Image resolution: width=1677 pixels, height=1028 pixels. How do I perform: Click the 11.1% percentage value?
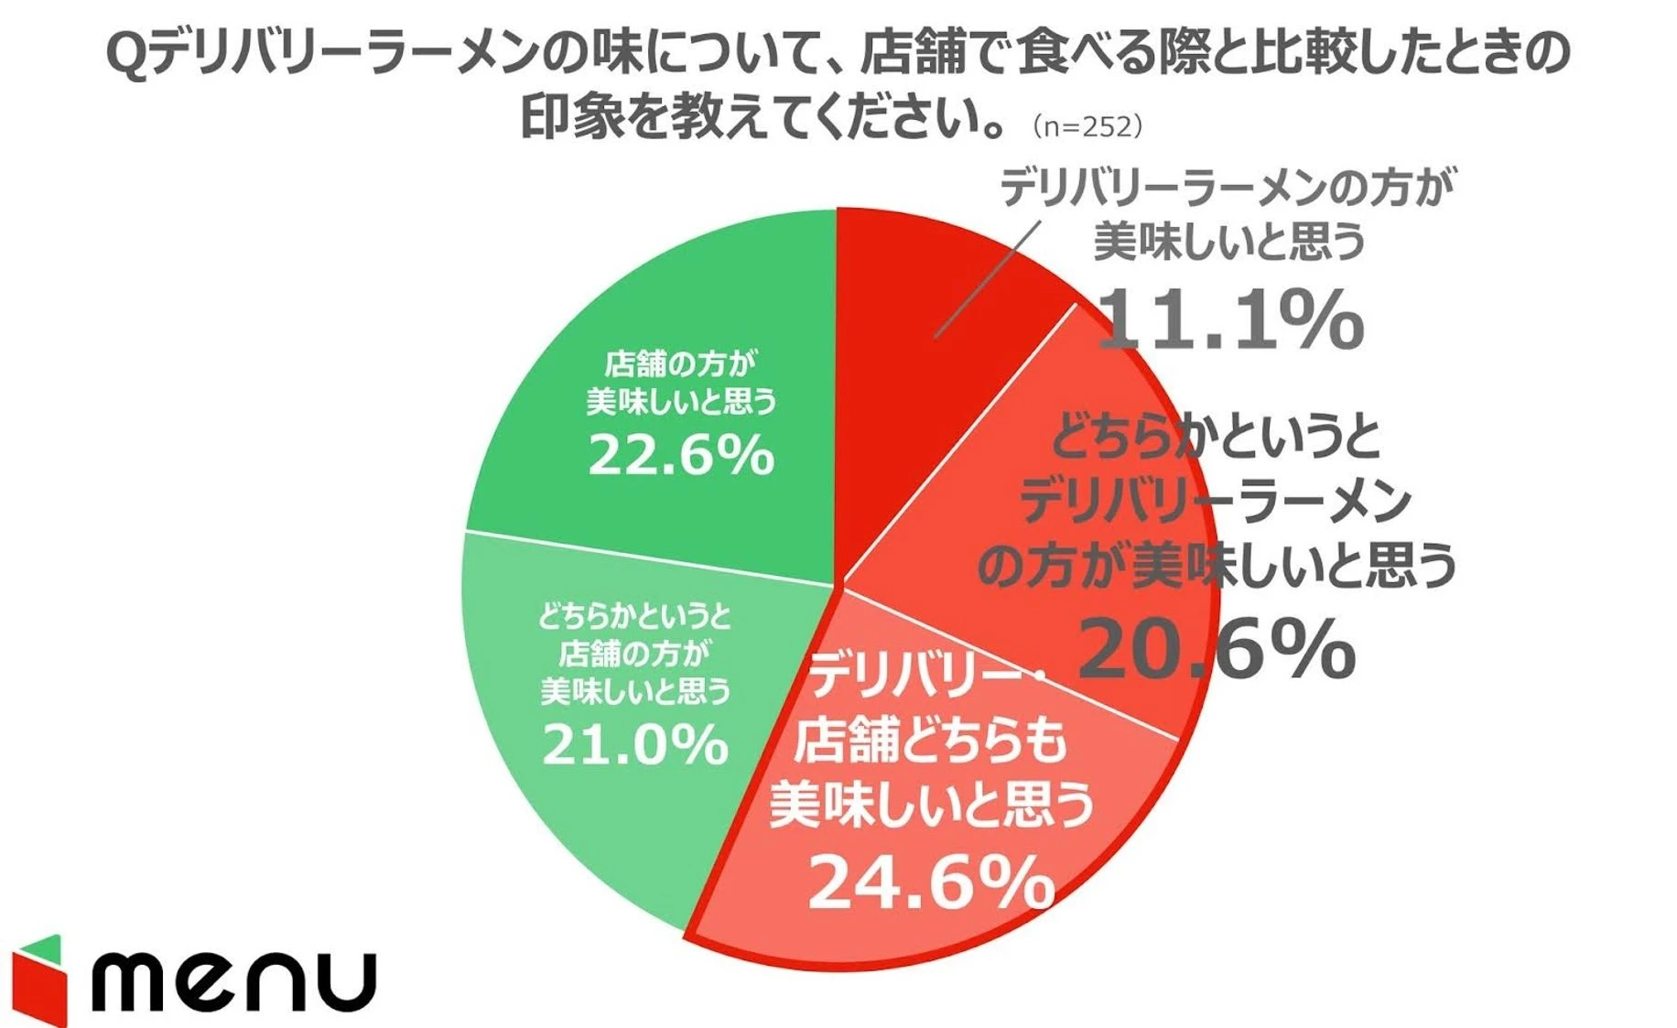[x=1229, y=319]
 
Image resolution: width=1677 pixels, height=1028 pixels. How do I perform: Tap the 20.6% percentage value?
[x=1217, y=649]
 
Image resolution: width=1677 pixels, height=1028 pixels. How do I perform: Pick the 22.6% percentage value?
[x=681, y=454]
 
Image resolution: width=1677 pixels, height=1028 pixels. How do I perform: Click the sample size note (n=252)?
[x=1087, y=126]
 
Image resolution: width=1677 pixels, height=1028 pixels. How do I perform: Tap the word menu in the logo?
[x=234, y=982]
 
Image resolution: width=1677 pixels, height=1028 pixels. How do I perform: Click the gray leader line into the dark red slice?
[x=987, y=279]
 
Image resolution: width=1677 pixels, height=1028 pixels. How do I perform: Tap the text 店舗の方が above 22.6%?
[x=680, y=364]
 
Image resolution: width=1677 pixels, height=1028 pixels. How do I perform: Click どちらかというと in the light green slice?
[x=634, y=617]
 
